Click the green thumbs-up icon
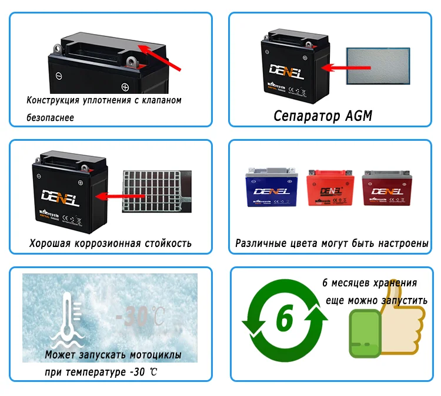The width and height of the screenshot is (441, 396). (x=385, y=330)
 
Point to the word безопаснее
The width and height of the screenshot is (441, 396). (x=51, y=117)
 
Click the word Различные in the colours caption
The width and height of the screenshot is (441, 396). (x=260, y=243)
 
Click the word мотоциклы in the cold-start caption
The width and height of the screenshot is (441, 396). (x=155, y=355)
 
